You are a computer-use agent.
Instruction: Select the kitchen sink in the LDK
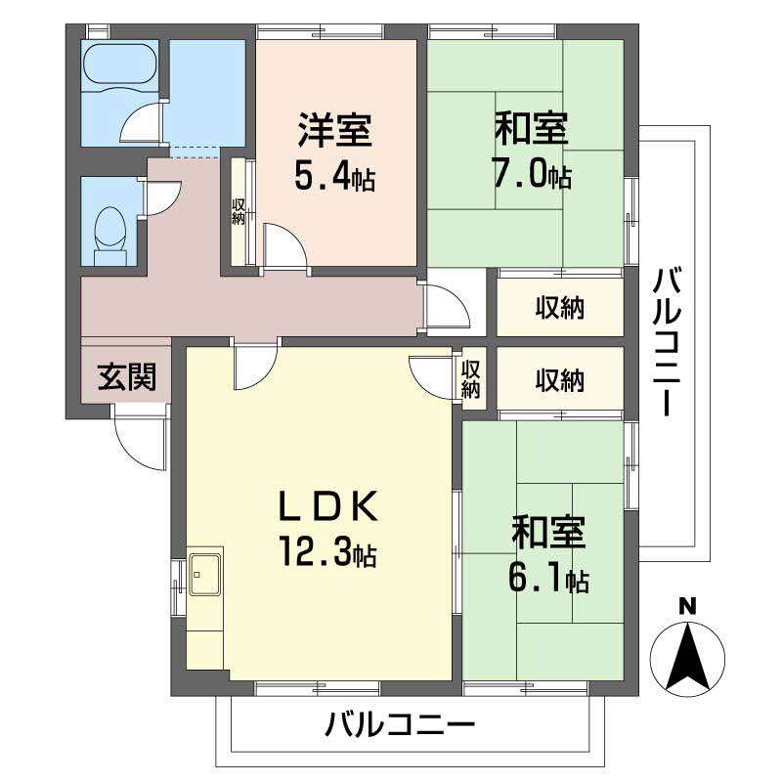pyautogui.click(x=205, y=572)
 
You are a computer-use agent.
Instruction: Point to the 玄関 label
pyautogui.click(x=126, y=376)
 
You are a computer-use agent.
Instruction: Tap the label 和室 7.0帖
pyautogui.click(x=532, y=152)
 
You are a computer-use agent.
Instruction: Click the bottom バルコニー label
pyautogui.click(x=400, y=726)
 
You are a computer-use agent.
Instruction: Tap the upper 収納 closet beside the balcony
pyautogui.click(x=559, y=309)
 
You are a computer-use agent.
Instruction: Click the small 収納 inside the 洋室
pyautogui.click(x=239, y=211)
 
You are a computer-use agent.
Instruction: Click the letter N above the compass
pyautogui.click(x=687, y=606)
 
